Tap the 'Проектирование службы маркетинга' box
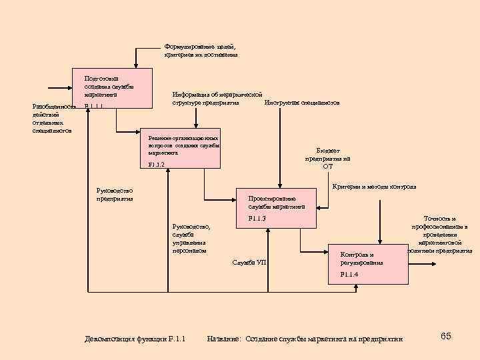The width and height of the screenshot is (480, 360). (x=277, y=209)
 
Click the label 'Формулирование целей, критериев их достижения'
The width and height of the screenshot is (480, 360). (x=201, y=51)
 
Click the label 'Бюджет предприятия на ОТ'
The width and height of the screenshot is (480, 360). (x=327, y=159)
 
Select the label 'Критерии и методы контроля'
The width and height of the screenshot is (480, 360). (x=374, y=187)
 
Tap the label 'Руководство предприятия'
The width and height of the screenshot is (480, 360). (x=115, y=195)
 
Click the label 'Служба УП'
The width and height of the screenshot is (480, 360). (x=249, y=262)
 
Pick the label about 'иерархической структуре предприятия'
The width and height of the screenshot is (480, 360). (x=217, y=99)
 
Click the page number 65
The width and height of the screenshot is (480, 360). (x=446, y=335)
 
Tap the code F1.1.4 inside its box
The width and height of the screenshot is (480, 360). (x=349, y=275)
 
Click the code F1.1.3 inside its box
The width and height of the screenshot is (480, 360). (x=257, y=219)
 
